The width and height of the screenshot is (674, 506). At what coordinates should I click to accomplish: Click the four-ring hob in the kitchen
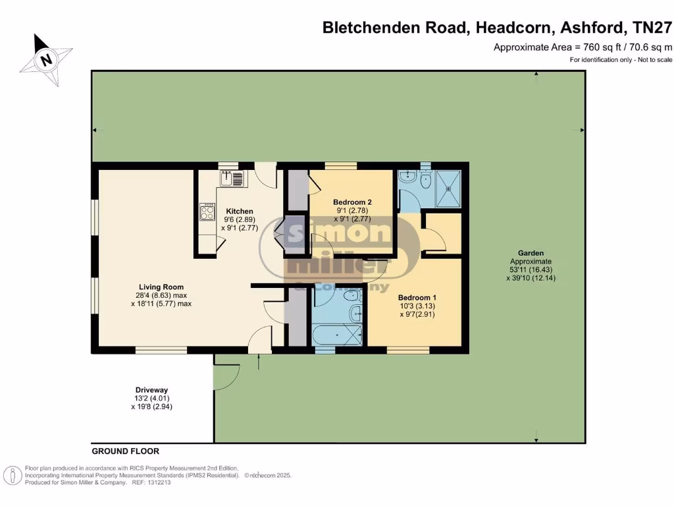pyautogui.click(x=207, y=211)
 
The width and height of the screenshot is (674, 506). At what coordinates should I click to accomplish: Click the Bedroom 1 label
pyautogui.click(x=417, y=297)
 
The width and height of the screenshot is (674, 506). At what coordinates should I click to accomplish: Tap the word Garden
pyautogui.click(x=531, y=252)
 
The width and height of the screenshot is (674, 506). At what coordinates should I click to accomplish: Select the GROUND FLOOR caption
pyautogui.click(x=125, y=451)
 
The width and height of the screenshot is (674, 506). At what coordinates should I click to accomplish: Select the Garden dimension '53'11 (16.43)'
pyautogui.click(x=531, y=269)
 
